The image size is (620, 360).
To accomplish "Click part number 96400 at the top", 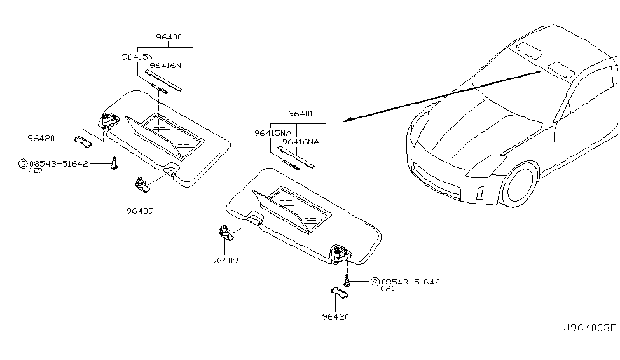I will coord(169,38).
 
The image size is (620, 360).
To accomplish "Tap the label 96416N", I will coord(165,66).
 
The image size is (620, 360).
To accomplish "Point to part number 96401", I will coord(300,114).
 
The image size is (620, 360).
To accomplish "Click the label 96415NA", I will coord(273,134).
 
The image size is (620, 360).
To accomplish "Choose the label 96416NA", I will coord(301,142).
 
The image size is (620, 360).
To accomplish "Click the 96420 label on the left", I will coord(41,138).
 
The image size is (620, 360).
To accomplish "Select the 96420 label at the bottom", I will coord(335,316).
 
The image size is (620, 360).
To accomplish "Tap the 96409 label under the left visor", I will coord(139,211).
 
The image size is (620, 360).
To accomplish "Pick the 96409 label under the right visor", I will coord(226,260).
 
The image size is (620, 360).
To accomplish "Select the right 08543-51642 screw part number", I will coord(410,281).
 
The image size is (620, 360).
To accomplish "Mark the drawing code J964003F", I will coord(589,328).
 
